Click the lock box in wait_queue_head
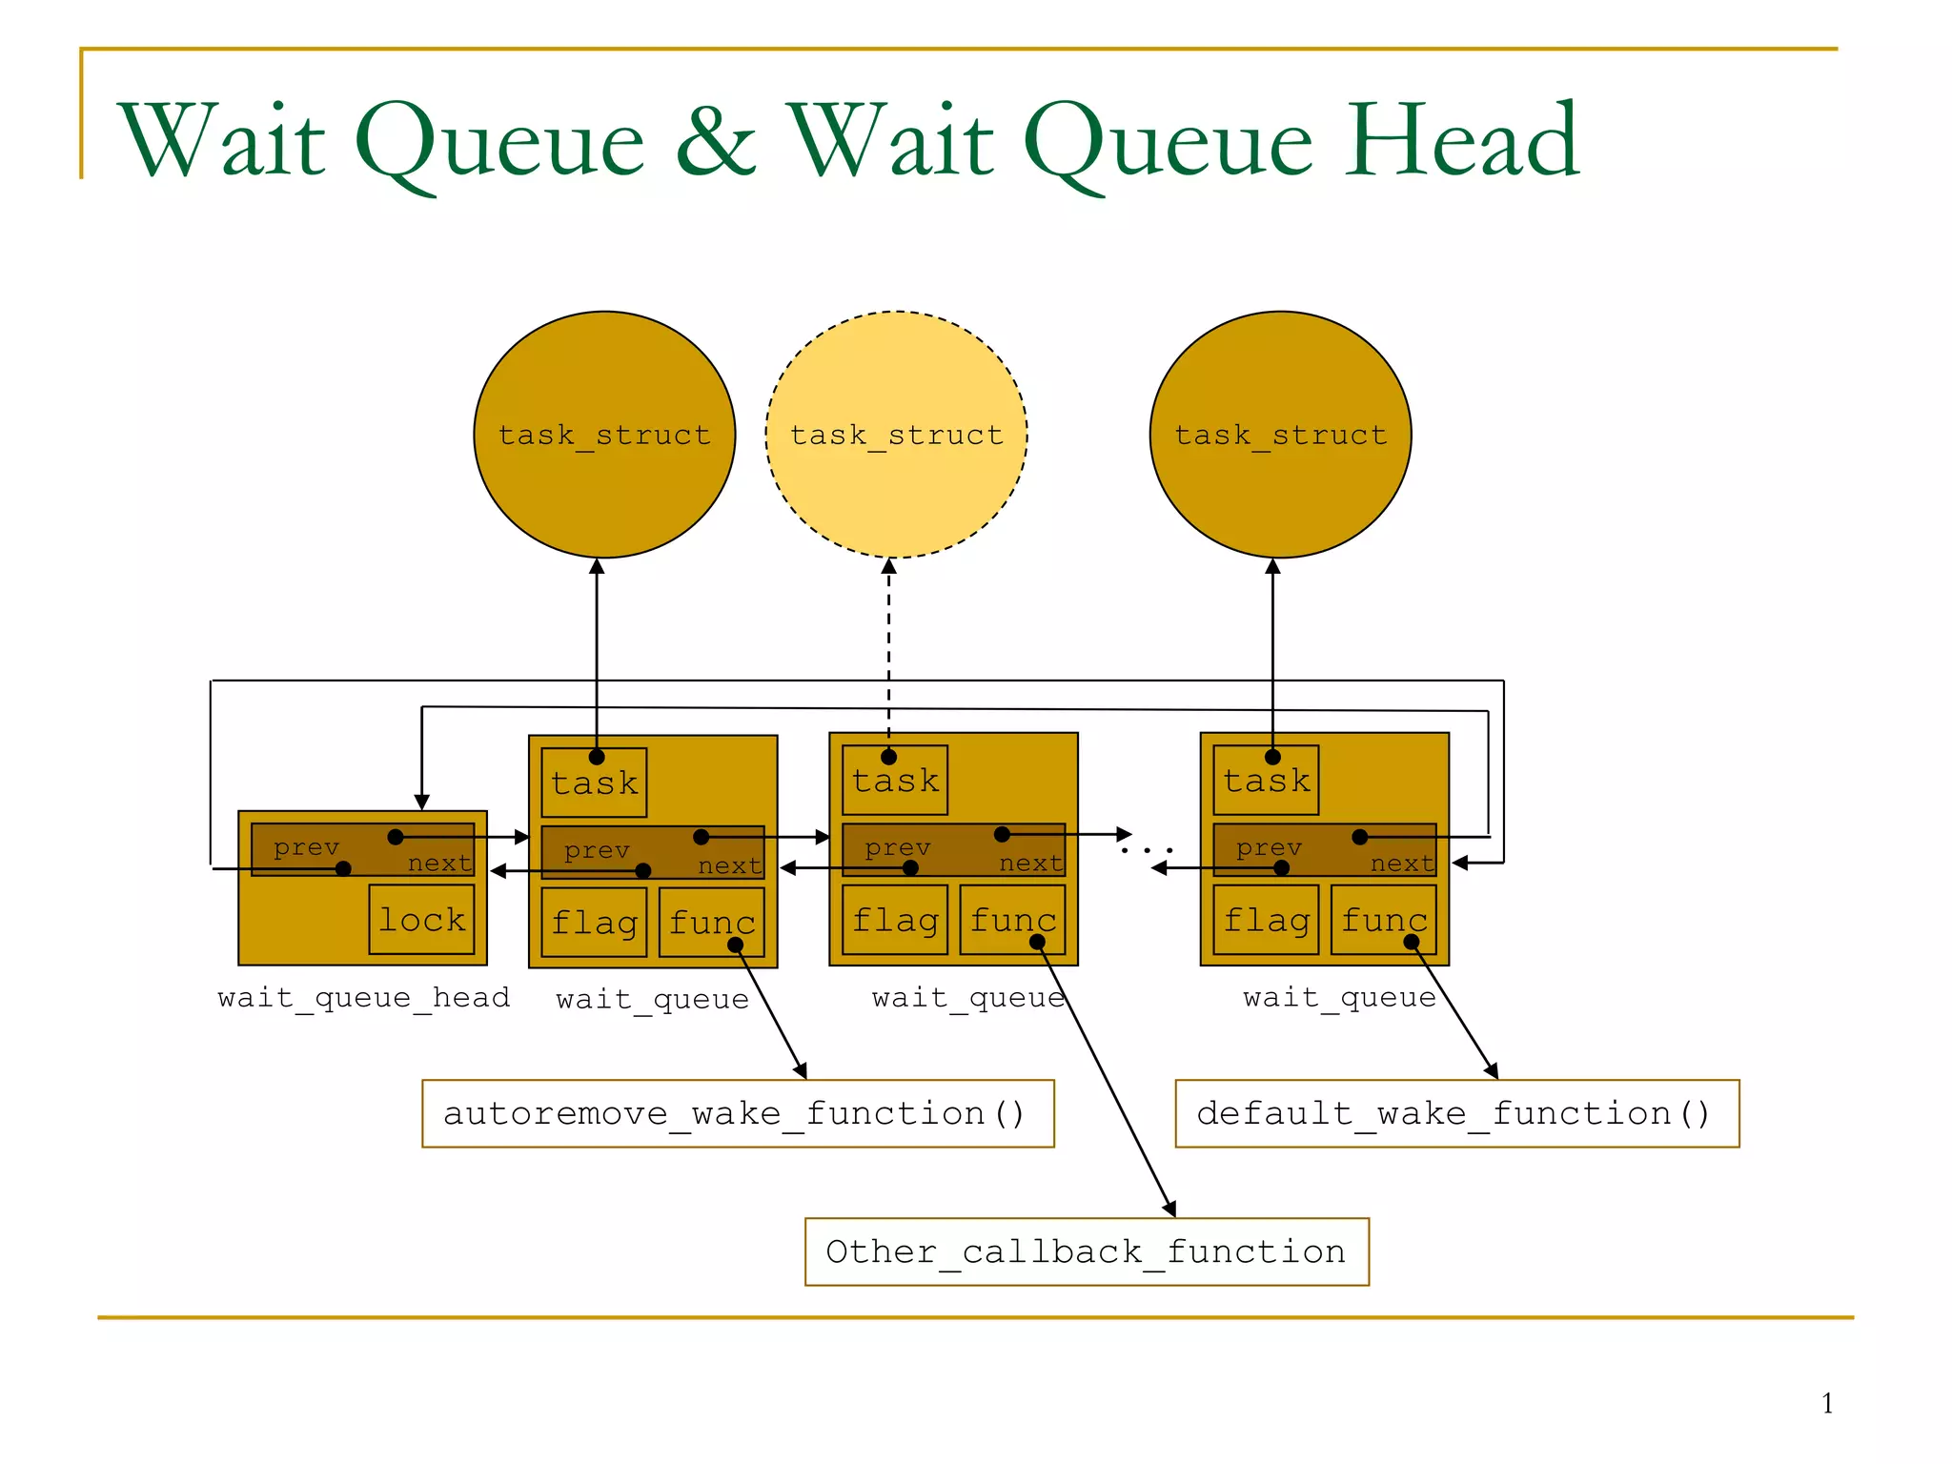pos(421,920)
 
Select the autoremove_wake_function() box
pos(738,1113)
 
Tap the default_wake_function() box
pos(1456,1113)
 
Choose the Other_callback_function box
pos(1087,1251)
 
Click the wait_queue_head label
pos(364,998)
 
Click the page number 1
pos(1827,1403)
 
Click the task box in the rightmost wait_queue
pos(1266,781)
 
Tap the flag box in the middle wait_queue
pos(895,920)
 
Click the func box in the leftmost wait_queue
pos(711,922)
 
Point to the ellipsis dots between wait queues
pos(1147,849)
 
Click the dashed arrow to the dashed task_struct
pos(888,648)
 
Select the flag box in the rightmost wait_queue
pos(1266,920)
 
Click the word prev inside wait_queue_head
pos(306,847)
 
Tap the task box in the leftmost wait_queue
pos(594,783)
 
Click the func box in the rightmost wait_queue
pos(1383,920)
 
